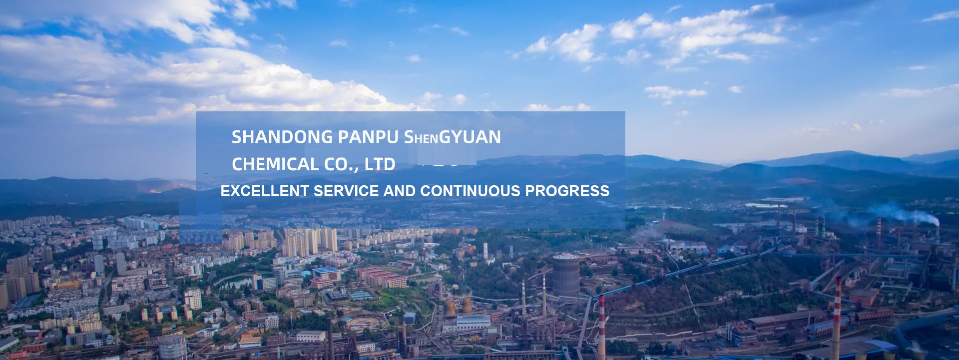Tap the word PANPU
369,137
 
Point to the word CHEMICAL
275,164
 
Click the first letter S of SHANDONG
237,137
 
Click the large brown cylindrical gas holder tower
565,277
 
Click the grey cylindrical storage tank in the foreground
172,348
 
